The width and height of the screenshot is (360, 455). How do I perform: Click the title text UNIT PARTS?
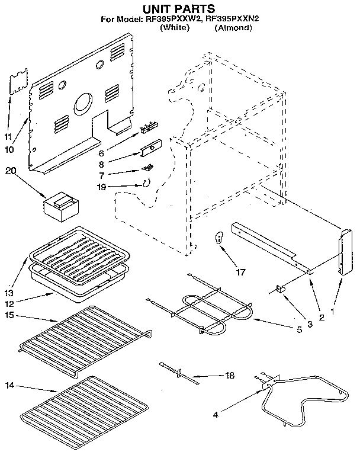(177, 8)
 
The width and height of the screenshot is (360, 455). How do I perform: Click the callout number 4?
(216, 415)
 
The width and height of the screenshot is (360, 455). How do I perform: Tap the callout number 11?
(7, 137)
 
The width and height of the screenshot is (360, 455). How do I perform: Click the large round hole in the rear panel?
(82, 105)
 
